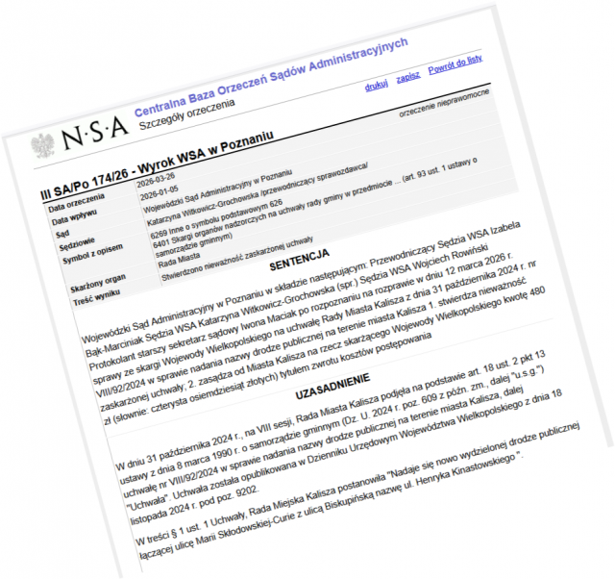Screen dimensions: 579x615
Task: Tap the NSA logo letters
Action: (92, 137)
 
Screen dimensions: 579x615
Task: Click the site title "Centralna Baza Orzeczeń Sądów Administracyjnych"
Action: (271, 76)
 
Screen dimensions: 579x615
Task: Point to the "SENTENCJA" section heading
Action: (299, 259)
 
